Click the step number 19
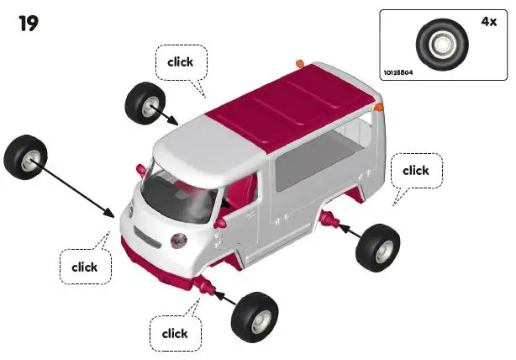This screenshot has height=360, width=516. (x=29, y=24)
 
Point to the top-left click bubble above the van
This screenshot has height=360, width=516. (x=181, y=61)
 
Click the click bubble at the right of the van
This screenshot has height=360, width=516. (x=415, y=171)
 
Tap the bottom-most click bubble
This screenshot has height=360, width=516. (x=175, y=333)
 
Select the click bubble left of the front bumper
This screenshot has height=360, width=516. (x=84, y=267)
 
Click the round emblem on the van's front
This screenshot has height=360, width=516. (x=179, y=241)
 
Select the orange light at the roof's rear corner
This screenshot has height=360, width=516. (x=379, y=107)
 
